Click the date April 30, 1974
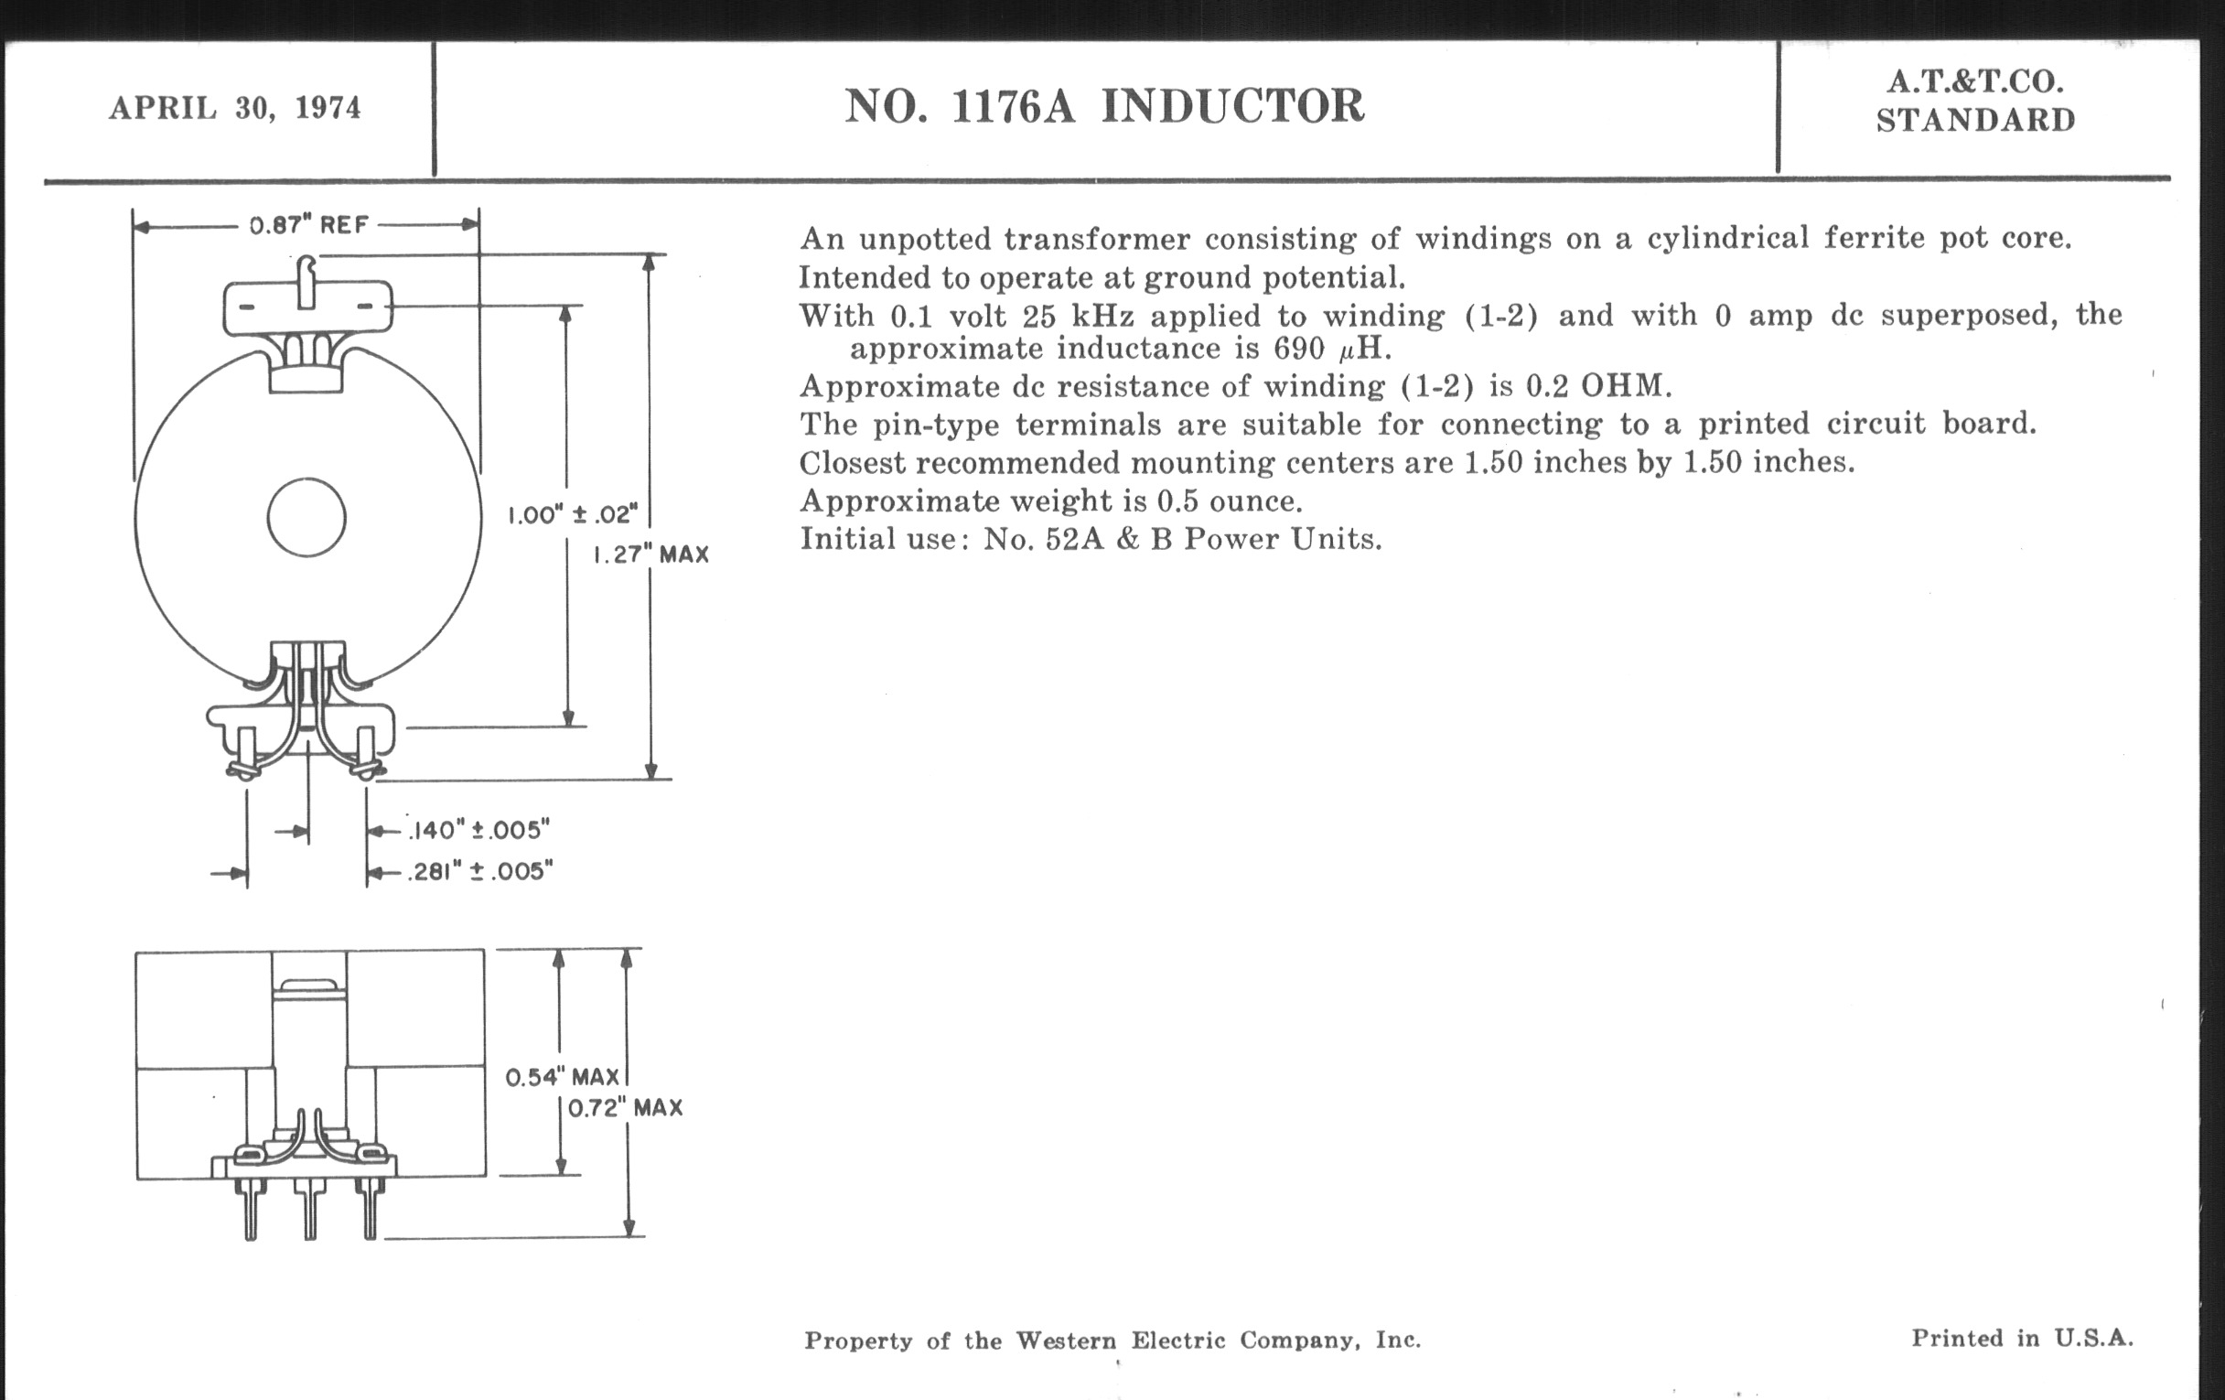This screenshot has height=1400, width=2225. (x=235, y=108)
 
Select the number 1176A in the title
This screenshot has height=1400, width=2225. (x=1013, y=106)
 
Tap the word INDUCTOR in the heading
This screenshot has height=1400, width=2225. (x=1232, y=106)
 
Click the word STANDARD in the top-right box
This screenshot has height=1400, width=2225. (x=1975, y=121)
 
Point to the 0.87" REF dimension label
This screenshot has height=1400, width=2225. (x=308, y=224)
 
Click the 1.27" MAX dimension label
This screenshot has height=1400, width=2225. (x=650, y=555)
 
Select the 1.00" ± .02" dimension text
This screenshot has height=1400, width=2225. (x=573, y=514)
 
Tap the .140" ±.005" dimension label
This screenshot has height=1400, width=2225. (x=479, y=830)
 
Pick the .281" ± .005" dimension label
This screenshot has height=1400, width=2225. (x=481, y=871)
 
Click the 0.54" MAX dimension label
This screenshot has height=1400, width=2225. (x=562, y=1077)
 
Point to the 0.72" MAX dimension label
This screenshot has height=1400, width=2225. (x=625, y=1107)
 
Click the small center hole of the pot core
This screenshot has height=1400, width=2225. (x=306, y=518)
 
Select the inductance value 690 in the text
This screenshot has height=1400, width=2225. (x=1298, y=350)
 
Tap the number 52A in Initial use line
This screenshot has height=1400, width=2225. (x=1075, y=539)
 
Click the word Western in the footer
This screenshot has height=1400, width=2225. (x=1067, y=1340)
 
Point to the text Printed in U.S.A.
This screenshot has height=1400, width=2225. (x=2022, y=1337)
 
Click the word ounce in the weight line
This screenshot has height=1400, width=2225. (x=1255, y=501)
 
